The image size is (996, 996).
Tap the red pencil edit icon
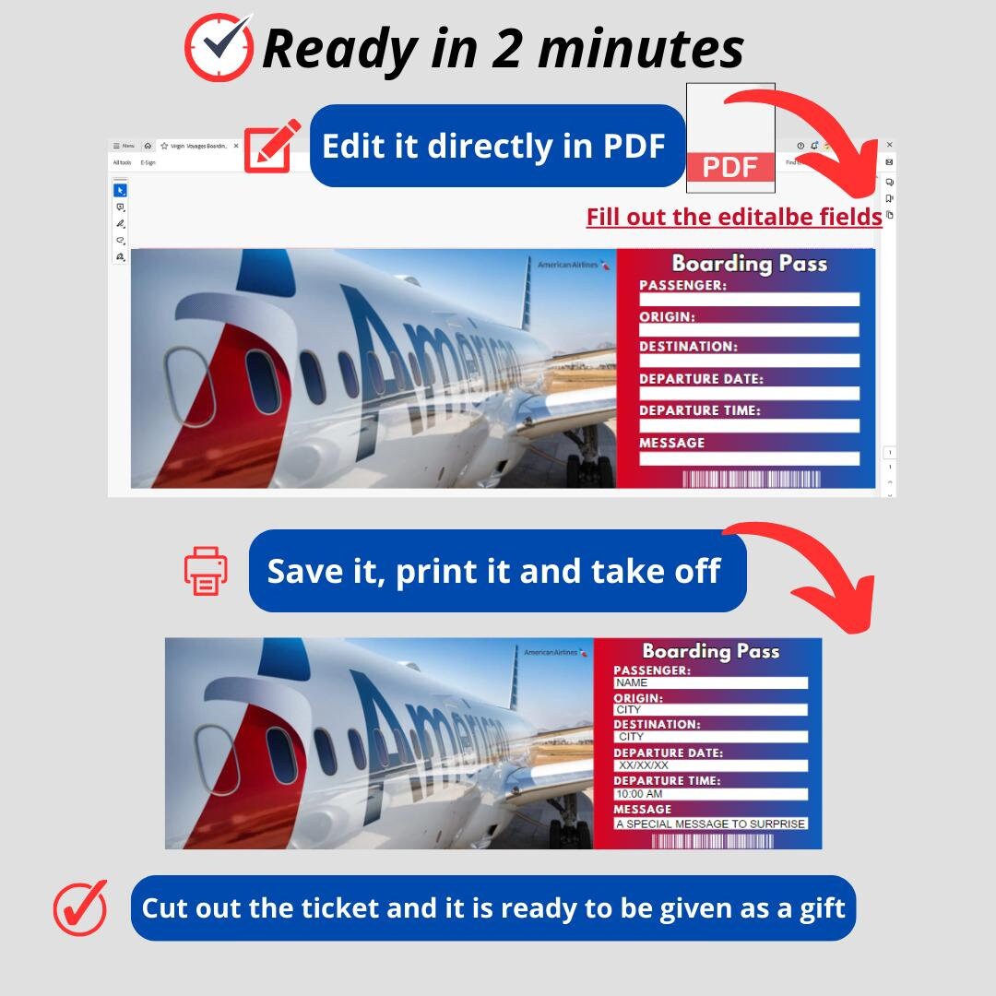tap(272, 146)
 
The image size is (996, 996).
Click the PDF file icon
tap(730, 138)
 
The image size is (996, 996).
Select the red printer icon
tap(206, 571)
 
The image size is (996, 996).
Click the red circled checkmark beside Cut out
tap(80, 907)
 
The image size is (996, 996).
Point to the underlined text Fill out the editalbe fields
tap(734, 217)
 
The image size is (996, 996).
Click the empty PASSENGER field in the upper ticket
tap(749, 300)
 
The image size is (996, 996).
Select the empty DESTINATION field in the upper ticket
tap(749, 362)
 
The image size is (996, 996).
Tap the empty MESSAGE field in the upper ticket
tap(749, 458)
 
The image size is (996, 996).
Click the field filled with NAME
tap(710, 683)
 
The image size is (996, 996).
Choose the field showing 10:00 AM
tap(710, 794)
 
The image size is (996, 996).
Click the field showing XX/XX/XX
tap(710, 765)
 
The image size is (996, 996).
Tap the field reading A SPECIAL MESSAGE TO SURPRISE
tap(710, 824)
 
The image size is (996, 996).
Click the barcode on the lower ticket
tap(712, 841)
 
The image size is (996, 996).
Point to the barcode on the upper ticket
tap(751, 480)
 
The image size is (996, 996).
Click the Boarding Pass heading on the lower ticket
tap(710, 651)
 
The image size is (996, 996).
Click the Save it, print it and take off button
tap(497, 571)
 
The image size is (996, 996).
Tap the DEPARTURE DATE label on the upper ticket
tap(701, 379)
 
